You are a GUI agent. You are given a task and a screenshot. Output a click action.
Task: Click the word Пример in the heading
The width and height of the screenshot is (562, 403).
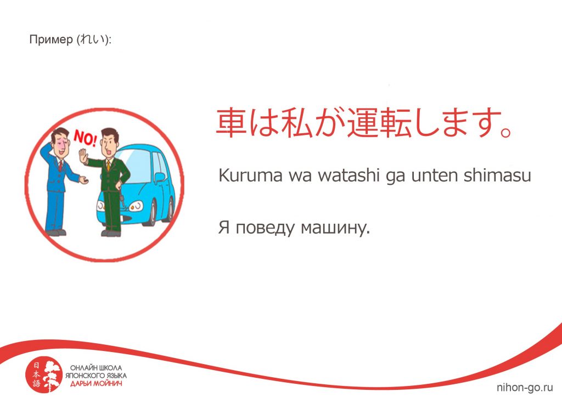51,39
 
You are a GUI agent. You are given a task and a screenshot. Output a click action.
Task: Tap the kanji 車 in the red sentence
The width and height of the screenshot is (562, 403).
231,122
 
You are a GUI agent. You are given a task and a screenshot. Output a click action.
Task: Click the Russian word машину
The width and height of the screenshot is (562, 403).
335,228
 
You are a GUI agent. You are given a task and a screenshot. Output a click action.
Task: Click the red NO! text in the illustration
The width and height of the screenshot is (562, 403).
85,139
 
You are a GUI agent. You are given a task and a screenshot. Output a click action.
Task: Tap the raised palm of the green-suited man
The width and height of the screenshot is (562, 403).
83,157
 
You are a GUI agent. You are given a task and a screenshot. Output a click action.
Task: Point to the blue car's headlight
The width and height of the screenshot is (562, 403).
136,206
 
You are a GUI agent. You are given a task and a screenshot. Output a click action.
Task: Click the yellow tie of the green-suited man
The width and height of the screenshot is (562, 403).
108,166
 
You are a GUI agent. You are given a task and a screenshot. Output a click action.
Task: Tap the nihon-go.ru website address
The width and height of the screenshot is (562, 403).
525,387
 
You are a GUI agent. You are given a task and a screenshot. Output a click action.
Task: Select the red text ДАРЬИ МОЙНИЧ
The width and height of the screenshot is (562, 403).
96,384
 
